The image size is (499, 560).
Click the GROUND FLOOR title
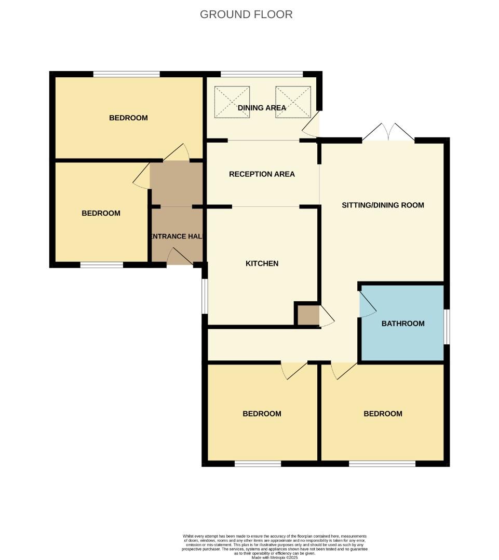point(246,15)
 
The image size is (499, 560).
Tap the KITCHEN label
point(262,263)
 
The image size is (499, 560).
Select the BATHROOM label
point(403,324)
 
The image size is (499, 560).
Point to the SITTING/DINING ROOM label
point(383,205)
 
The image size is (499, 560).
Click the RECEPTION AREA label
point(262,174)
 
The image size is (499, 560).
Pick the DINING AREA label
point(262,108)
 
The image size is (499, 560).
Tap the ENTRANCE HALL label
point(177,236)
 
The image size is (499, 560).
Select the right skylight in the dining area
point(293,101)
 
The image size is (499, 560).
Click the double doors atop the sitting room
point(388,134)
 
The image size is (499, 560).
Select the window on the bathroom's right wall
point(447,326)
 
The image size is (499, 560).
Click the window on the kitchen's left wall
point(205,296)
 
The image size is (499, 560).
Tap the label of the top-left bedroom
point(128,118)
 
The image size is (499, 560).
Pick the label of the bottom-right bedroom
point(383,414)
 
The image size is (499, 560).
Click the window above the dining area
point(261,74)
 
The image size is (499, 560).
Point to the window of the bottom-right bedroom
point(382,464)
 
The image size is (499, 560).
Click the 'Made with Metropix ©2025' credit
point(275,557)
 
